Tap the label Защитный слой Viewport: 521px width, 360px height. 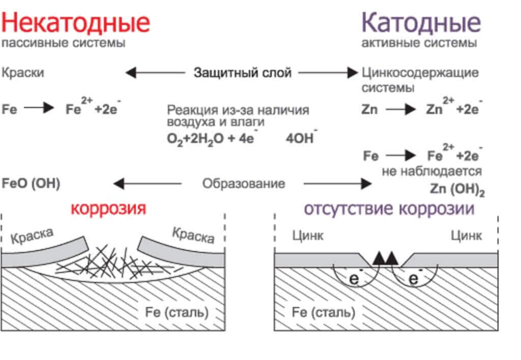(242, 73)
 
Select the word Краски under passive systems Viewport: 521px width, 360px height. (23, 73)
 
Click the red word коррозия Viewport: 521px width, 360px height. (108, 209)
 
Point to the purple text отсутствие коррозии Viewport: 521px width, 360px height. (389, 209)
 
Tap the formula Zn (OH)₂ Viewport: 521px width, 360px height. (457, 189)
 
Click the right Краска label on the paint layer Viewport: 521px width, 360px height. (193, 235)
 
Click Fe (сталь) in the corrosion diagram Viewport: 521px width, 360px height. (173, 312)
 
